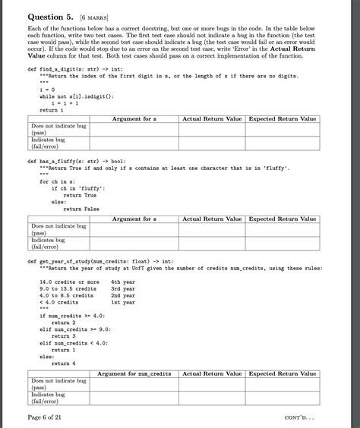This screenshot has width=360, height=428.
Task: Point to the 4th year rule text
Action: pyautogui.click(x=122, y=282)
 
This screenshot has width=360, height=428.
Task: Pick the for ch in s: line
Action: pyautogui.click(x=60, y=181)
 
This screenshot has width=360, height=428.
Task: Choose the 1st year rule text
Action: pyautogui.click(x=122, y=302)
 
